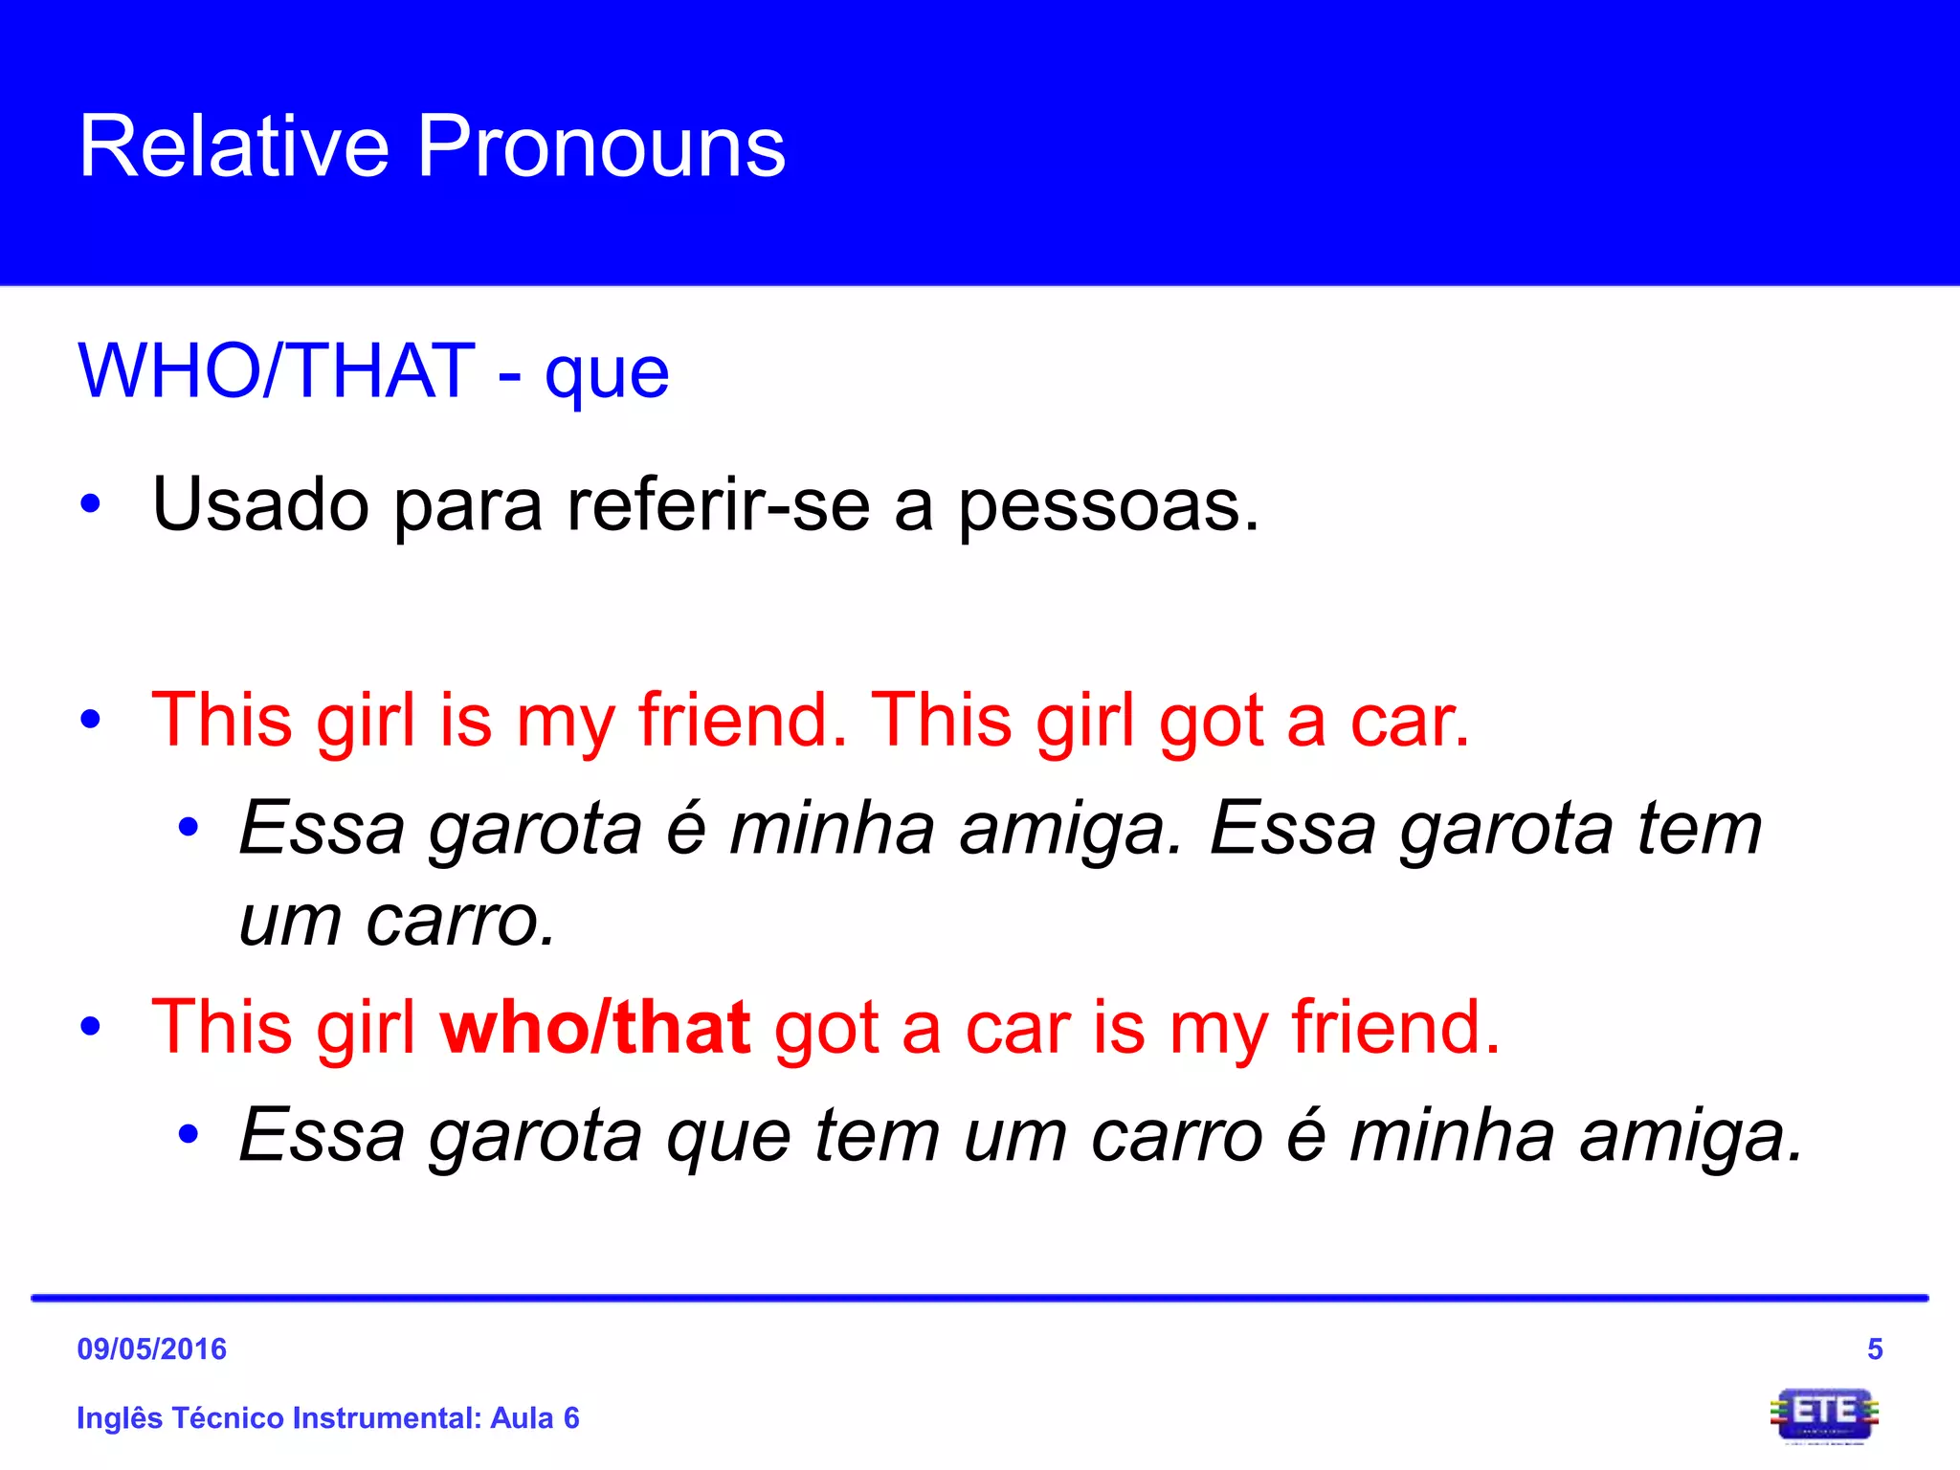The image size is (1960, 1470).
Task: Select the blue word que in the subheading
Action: click(607, 375)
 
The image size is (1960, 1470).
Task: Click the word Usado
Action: click(260, 504)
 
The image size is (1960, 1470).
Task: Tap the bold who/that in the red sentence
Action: click(594, 1027)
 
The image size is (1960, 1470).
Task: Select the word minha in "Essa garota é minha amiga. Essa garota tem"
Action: click(832, 828)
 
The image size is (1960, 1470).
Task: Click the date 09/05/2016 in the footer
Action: click(152, 1349)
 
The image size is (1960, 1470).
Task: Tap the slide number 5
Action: click(1875, 1349)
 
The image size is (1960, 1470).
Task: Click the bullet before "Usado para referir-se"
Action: click(91, 504)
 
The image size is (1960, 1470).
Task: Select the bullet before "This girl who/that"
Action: click(91, 1029)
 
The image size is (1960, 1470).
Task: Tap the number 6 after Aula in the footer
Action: click(571, 1417)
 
